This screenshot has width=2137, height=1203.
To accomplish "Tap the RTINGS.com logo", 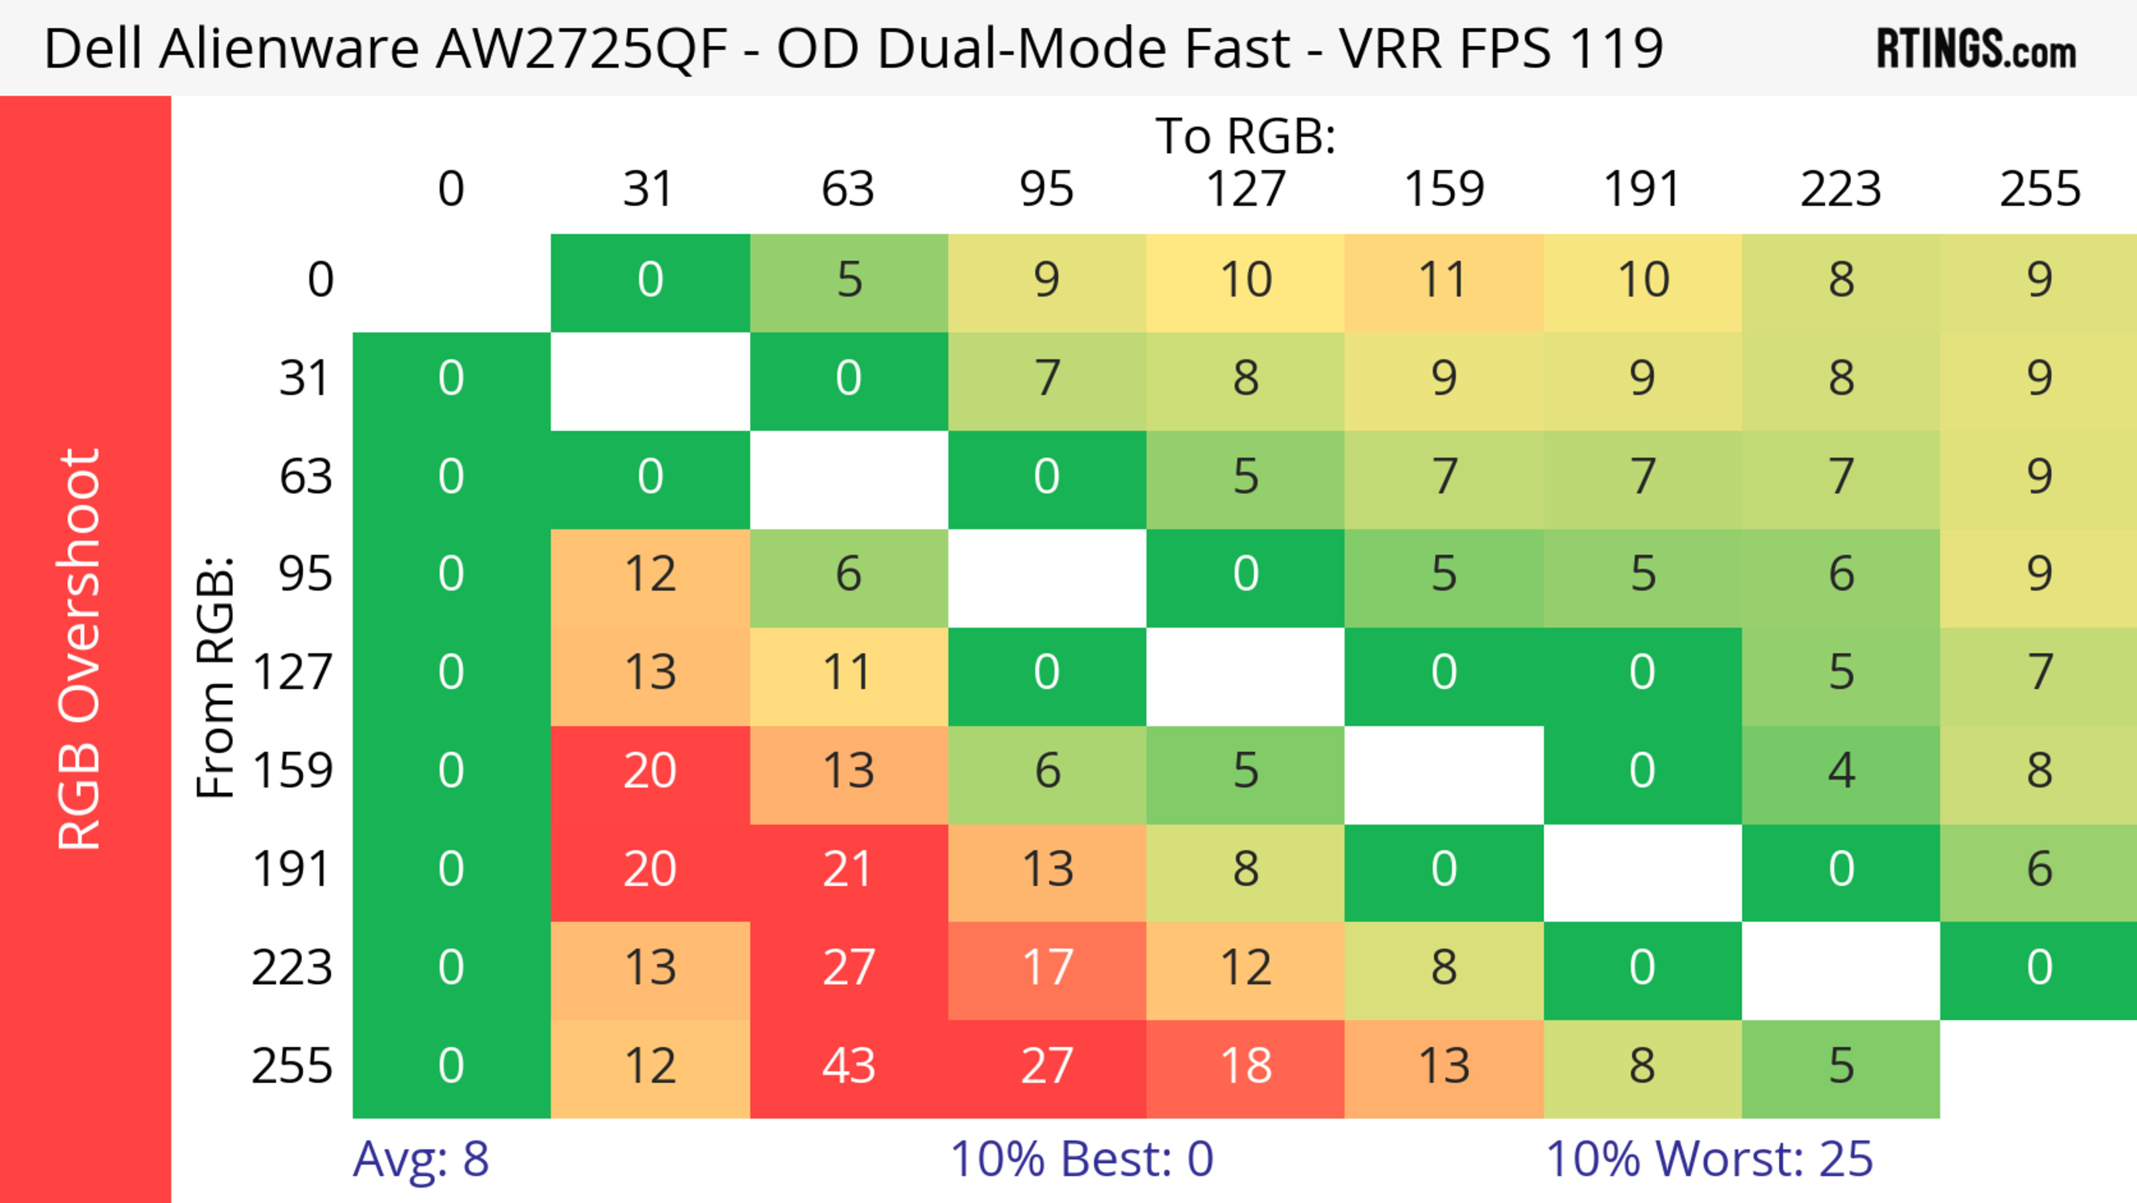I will click(1976, 48).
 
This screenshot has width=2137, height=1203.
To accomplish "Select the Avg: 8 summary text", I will click(421, 1159).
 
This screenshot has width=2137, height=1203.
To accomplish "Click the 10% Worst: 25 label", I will click(1709, 1159).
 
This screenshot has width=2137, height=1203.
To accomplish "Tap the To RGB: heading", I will click(1245, 135).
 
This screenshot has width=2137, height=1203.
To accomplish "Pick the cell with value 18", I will click(1245, 1066).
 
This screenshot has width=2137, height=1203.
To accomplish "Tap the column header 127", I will click(1245, 189).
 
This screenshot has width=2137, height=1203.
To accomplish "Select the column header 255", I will click(2039, 189).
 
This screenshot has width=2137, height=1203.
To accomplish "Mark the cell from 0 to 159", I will click(1444, 279).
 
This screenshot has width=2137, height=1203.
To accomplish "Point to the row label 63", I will click(306, 476).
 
